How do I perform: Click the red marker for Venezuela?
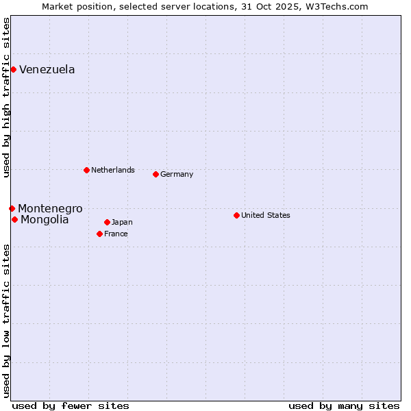tap(13, 69)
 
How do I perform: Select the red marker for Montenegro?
tap(12, 208)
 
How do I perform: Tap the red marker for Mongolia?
tap(14, 219)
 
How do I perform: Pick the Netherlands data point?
tap(86, 170)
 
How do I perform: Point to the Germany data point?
tap(155, 174)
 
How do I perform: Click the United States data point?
tap(236, 215)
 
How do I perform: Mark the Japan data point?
tap(107, 222)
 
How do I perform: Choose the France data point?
tap(99, 234)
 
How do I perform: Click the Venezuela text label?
tap(47, 69)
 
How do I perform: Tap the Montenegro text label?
tap(50, 208)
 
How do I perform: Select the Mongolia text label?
tap(45, 219)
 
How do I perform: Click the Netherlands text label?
tap(113, 170)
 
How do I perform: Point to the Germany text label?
tap(177, 174)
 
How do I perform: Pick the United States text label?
tap(266, 215)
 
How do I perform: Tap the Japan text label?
tap(122, 222)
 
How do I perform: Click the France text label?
tap(116, 234)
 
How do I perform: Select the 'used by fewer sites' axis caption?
tap(71, 406)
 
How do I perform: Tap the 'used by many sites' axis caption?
tap(344, 406)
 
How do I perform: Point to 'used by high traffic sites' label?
tap(6, 97)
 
